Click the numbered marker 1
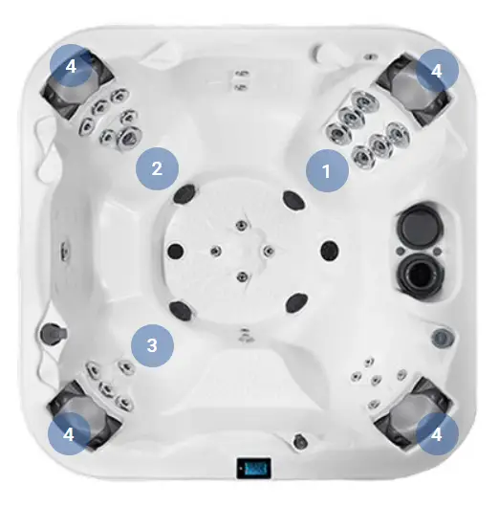click(327, 170)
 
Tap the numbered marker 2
click(157, 168)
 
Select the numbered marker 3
click(153, 345)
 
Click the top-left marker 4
click(71, 66)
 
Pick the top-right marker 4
click(437, 70)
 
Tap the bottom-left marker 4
click(69, 434)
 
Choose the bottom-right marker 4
click(437, 434)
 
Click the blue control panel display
click(253, 468)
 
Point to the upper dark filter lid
click(420, 225)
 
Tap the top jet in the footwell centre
click(242, 225)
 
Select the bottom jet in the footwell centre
click(242, 276)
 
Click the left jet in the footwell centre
click(216, 250)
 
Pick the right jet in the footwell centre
click(268, 251)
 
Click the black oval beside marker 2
click(184, 194)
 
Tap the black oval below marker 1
click(293, 200)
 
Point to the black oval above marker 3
click(182, 310)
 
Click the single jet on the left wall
click(64, 251)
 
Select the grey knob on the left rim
click(53, 332)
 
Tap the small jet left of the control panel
click(299, 441)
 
